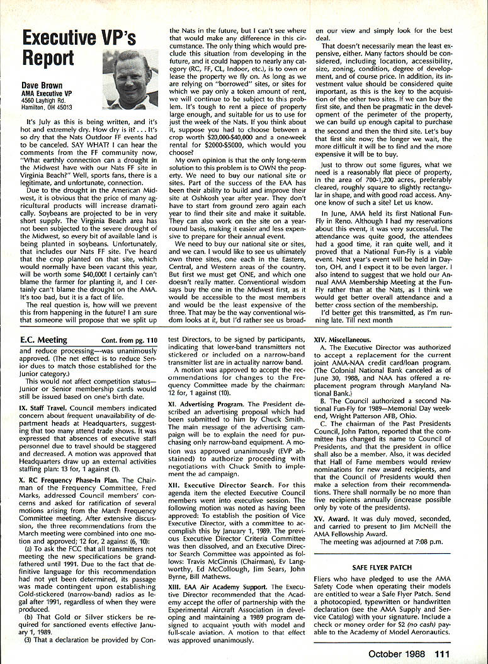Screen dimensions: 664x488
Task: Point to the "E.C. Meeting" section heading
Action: [43, 340]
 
